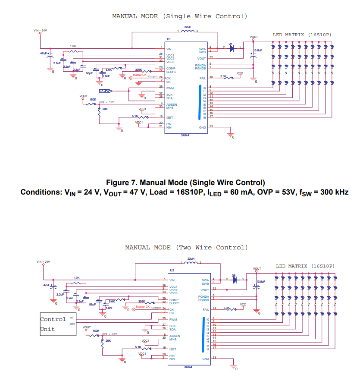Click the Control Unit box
(57, 324)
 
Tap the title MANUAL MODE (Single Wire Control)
(179, 16)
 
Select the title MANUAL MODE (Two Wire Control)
(186, 248)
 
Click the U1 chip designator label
(169, 39)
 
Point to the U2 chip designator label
(172, 270)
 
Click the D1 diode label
(231, 44)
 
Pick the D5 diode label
(234, 275)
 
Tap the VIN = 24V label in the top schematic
(40, 31)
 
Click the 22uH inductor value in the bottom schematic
(191, 259)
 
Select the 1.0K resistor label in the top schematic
(73, 46)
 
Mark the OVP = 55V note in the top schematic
(106, 102)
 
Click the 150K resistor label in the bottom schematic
(96, 331)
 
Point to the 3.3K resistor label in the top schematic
(223, 76)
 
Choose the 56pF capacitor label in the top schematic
(89, 74)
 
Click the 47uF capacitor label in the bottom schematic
(47, 285)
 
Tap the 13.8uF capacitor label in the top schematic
(257, 50)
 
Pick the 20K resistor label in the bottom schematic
(108, 340)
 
